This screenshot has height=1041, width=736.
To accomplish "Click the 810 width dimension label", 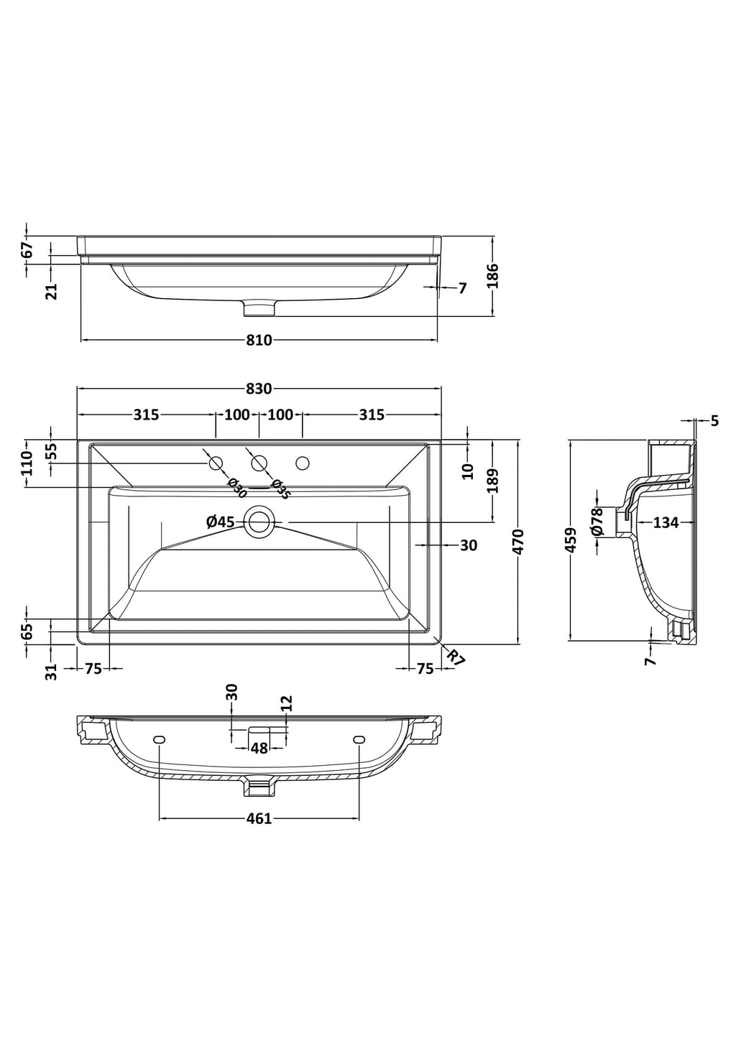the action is click(259, 341).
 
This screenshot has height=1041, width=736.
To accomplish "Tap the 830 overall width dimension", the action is click(259, 389).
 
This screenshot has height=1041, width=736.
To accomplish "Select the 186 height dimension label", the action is click(493, 276).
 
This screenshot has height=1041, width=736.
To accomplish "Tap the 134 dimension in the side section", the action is click(666, 523).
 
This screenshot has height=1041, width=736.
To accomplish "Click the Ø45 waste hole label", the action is click(221, 522).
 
